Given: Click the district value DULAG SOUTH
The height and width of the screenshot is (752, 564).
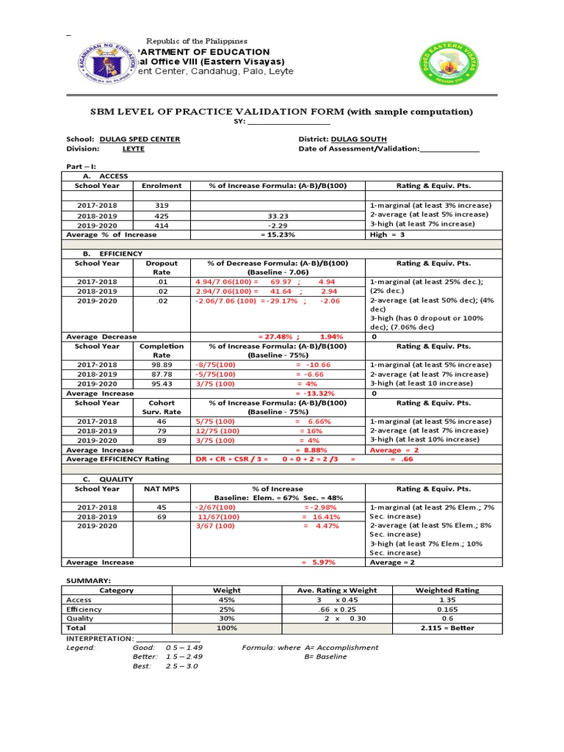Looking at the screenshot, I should coord(359,139).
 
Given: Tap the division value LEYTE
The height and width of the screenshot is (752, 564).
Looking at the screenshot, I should coord(133,148).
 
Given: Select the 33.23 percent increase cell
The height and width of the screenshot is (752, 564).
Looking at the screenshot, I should coord(278,216).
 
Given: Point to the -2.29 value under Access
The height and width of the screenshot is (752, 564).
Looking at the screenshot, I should coord(278,225).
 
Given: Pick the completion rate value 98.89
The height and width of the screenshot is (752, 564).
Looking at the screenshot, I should coord(162,365).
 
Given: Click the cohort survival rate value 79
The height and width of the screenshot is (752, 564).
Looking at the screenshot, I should coord(162,431).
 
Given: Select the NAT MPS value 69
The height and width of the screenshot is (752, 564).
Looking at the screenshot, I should coord(162,517).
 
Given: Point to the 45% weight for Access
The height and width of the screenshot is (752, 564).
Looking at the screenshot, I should coord(226,600).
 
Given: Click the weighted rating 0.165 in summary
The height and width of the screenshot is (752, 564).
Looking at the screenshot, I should coord(446,610).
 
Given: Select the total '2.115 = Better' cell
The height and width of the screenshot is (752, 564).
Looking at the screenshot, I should coord(447,629).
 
